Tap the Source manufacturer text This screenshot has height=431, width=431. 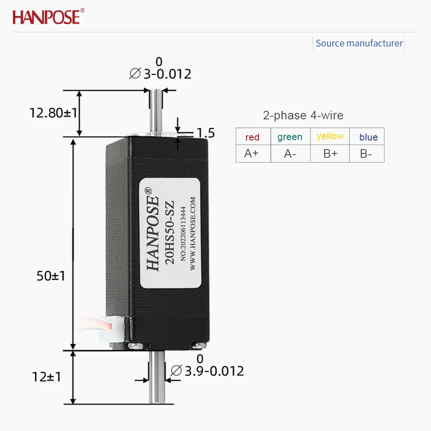pos(359,43)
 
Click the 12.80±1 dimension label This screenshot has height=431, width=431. pos(53,113)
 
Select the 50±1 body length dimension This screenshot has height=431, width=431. pos(51,276)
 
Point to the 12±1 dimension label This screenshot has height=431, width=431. pos(47,377)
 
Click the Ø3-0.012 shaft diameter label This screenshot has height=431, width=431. pos(160,74)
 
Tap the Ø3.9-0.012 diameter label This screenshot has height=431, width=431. pos(207,371)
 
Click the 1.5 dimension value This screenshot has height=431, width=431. pos(206,133)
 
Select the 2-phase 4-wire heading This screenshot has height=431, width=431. pos(303,116)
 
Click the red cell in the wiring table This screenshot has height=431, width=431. pos(253,137)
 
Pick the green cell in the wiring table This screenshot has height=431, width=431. pos(290,137)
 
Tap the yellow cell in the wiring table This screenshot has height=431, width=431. pos(330,136)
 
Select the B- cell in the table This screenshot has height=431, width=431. pos(366,153)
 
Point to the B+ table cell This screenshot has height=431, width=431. pos(330,153)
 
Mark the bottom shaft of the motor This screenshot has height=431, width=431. pos(156,379)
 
